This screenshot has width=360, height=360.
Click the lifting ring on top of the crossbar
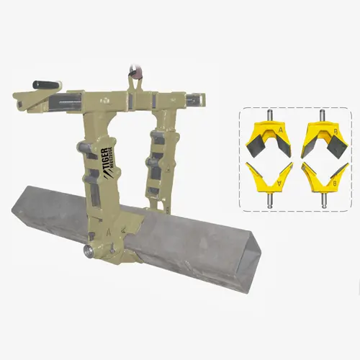(x=133, y=72)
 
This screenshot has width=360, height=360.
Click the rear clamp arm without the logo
(x=159, y=158)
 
